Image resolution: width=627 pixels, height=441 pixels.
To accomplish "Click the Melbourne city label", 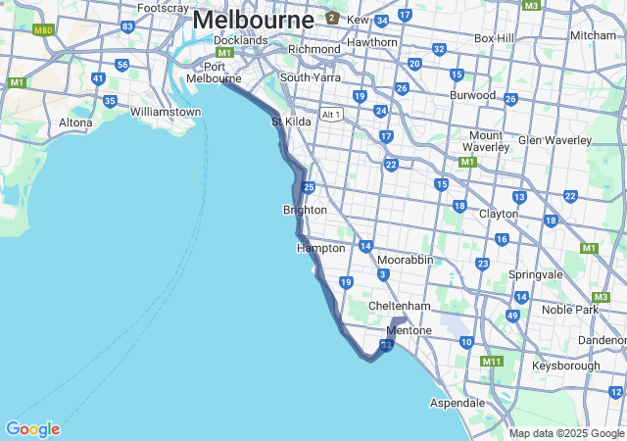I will click(x=253, y=20).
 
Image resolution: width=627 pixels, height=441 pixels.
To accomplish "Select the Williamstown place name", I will click(x=166, y=112).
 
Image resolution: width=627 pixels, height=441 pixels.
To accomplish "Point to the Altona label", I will click(x=75, y=122).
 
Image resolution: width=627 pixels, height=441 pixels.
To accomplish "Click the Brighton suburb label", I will click(x=305, y=210).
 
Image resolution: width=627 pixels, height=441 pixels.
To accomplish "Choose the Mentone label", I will click(x=410, y=330).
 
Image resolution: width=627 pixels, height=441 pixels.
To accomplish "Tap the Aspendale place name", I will click(x=458, y=403).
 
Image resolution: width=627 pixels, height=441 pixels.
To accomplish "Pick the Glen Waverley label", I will click(x=554, y=140).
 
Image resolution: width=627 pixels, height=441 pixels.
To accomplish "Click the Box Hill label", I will click(x=494, y=38).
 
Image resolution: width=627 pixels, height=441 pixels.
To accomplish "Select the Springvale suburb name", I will click(x=535, y=274).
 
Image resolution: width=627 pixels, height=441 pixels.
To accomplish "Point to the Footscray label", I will click(x=163, y=8).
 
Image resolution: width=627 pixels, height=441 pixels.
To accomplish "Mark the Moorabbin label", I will click(x=405, y=260).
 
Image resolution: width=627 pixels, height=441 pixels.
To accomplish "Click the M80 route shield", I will click(x=42, y=30).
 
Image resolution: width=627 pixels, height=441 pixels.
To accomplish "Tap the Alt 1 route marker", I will click(x=331, y=115).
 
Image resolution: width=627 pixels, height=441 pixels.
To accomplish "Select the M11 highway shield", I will click(x=492, y=362).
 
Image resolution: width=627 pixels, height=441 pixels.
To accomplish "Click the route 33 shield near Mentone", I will click(x=386, y=345).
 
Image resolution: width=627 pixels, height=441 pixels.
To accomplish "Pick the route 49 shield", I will click(x=512, y=315).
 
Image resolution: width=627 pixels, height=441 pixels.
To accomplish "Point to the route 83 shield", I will click(x=128, y=25).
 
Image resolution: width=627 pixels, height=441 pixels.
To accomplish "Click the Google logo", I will click(x=32, y=429).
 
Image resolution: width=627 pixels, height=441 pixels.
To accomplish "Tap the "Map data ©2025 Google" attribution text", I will click(x=566, y=433).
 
